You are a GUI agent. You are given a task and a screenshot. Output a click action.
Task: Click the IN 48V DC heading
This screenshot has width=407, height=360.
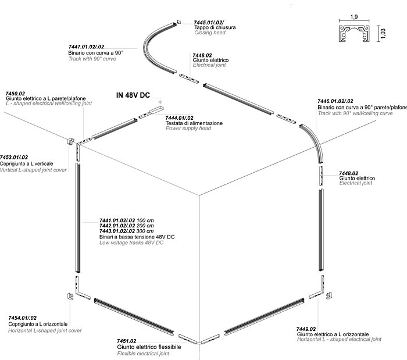tap(133, 95)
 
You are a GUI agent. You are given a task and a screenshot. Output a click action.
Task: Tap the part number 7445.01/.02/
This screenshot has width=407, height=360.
tap(209, 23)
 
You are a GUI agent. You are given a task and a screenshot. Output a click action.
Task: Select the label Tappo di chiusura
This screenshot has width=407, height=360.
tap(215, 27)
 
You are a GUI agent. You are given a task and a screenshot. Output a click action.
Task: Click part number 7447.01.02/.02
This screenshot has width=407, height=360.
tap(86, 47)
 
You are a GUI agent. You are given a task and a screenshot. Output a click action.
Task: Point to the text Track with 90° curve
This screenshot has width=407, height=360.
tap(92, 59)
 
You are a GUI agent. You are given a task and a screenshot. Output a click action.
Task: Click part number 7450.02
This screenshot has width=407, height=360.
tap(15, 94)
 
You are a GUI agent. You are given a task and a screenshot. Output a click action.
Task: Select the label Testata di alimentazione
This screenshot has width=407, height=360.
tap(194, 123)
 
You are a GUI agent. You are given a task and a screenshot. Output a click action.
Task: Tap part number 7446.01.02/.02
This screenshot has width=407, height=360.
tap(335, 101)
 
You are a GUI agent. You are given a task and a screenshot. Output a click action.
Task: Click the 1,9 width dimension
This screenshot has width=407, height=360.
tap(354, 17)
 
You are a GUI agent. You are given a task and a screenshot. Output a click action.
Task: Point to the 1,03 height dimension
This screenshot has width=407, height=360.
tap(384, 34)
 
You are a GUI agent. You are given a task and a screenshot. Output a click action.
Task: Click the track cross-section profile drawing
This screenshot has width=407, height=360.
tap(354, 34)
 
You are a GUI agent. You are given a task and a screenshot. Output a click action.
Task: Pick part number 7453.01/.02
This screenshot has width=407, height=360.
tap(14, 157)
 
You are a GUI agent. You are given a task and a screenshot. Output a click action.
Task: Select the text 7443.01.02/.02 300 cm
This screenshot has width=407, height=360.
tap(126, 231)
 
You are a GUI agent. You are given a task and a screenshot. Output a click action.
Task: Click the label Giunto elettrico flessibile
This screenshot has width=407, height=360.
tap(149, 347)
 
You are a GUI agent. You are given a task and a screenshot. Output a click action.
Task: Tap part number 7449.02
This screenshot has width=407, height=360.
tap(306, 329)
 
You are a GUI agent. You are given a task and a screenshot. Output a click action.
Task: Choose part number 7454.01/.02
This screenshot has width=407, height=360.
tap(22, 318)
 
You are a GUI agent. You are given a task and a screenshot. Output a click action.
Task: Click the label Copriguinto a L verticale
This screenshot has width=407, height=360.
tap(27, 164)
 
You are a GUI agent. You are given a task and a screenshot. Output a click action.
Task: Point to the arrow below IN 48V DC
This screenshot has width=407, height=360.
tap(157, 99)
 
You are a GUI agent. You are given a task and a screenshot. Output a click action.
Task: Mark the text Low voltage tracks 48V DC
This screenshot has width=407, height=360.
tap(131, 243)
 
